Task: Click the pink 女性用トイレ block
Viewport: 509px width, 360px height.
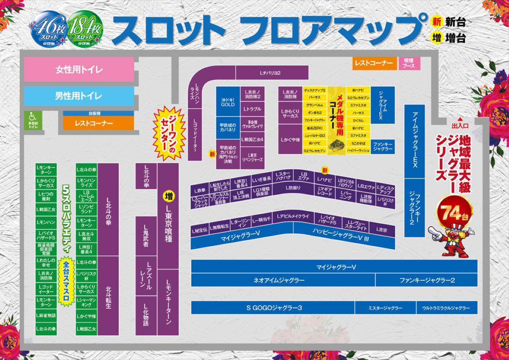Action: point(79,70)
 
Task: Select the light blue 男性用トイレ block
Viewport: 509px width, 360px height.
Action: point(79,96)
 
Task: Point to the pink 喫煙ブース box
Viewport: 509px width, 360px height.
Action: point(409,63)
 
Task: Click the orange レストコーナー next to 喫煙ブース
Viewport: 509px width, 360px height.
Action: point(374,63)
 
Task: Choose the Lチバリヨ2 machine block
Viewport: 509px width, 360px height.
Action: point(270,73)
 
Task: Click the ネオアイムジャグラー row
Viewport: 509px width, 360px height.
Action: point(279,280)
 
